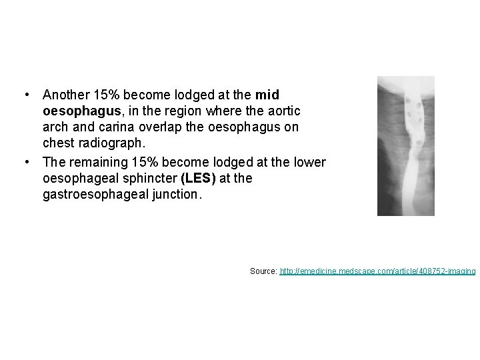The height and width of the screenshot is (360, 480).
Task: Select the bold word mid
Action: (x=267, y=95)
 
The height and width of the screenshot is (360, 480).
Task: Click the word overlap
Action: (x=141, y=127)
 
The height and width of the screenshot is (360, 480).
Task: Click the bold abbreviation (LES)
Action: (x=198, y=179)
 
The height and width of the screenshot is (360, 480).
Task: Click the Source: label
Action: (x=264, y=271)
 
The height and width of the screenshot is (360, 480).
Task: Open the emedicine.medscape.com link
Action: (x=377, y=271)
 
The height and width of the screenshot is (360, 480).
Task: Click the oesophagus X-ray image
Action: (x=405, y=146)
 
